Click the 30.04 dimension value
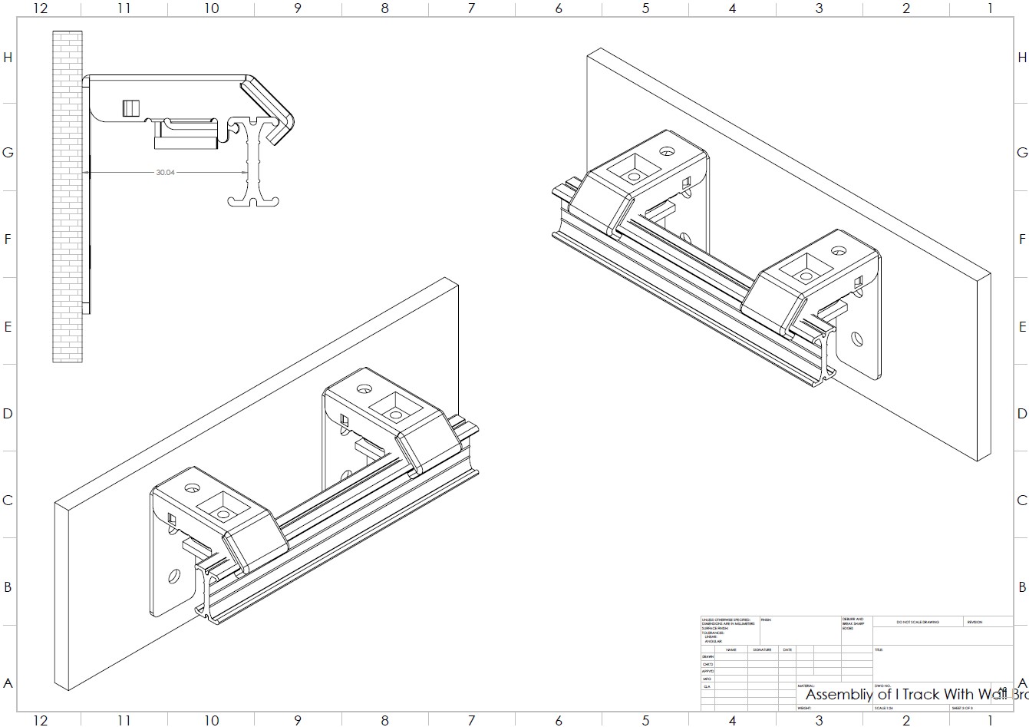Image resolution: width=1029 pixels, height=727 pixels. point(165,173)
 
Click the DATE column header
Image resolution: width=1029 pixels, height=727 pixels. point(787,650)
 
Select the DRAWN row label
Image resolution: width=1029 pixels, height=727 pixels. point(707,657)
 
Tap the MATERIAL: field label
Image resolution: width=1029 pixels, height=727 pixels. point(806,686)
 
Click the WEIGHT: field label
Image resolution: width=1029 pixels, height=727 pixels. point(805,708)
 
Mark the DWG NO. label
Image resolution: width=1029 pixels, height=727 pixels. point(882,686)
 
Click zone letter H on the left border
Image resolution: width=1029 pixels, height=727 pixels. point(8,58)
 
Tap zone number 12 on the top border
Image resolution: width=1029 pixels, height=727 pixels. point(40,8)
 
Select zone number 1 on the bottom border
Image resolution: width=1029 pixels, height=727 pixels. point(990,719)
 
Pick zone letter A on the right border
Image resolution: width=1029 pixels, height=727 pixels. point(1021,683)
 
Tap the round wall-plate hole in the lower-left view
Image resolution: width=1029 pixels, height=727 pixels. point(174,574)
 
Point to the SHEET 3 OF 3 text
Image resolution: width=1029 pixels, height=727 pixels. point(961,708)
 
